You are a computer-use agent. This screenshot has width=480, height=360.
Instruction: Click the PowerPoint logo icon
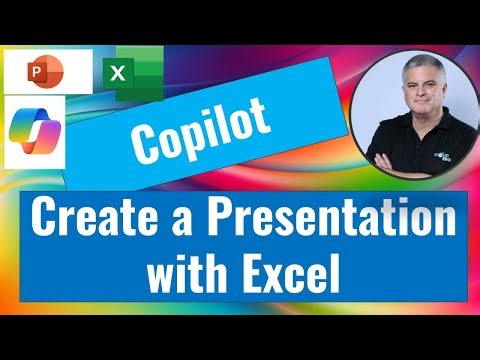tap(48, 73)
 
